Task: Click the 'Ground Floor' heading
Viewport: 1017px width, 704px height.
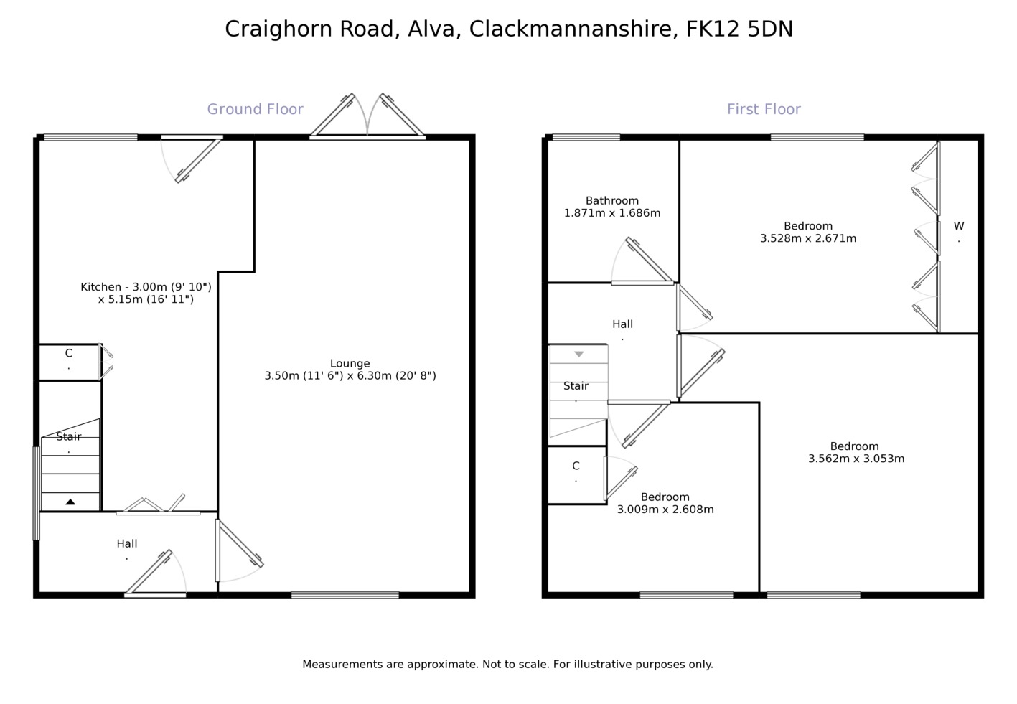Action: (x=255, y=109)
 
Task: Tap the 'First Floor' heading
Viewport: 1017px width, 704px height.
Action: (x=763, y=109)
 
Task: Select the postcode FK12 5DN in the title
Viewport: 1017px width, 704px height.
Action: (x=739, y=29)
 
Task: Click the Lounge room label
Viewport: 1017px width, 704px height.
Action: (x=350, y=363)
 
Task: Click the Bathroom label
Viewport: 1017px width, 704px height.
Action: (x=611, y=201)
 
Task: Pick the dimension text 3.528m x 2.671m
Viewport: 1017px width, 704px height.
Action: (x=807, y=238)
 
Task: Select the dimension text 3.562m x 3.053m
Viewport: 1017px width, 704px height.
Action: (x=856, y=459)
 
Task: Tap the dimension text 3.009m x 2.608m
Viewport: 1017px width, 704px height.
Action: (x=665, y=510)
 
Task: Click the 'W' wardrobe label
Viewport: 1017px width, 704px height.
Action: (x=958, y=226)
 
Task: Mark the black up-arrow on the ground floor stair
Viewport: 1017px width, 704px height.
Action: (x=70, y=502)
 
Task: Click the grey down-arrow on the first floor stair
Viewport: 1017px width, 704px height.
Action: (x=578, y=354)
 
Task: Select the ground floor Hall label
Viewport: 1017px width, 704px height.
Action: (x=127, y=544)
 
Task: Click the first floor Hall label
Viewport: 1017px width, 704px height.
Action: (x=622, y=324)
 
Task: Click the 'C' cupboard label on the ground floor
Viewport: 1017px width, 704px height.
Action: (x=69, y=353)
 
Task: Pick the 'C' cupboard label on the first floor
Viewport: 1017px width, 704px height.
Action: (x=576, y=466)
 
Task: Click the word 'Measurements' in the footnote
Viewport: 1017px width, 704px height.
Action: (x=342, y=665)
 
